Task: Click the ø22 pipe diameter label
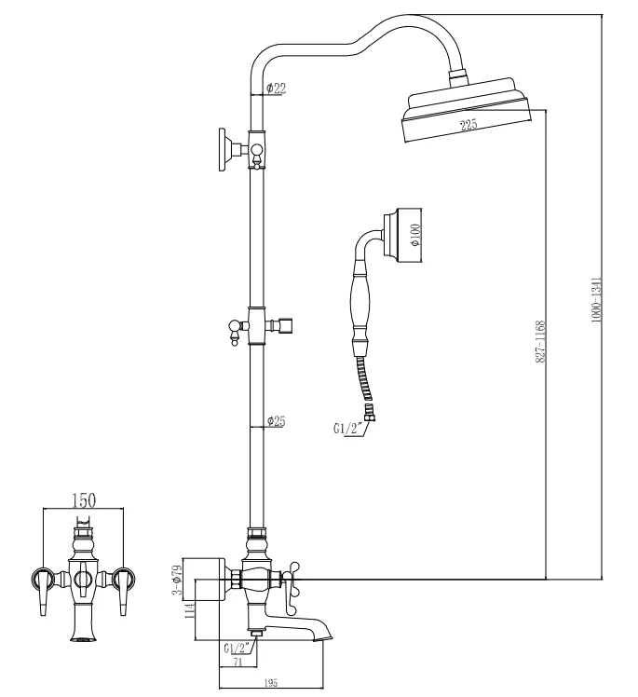[276, 89]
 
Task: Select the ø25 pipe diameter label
[276, 421]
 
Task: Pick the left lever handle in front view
[41, 592]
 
